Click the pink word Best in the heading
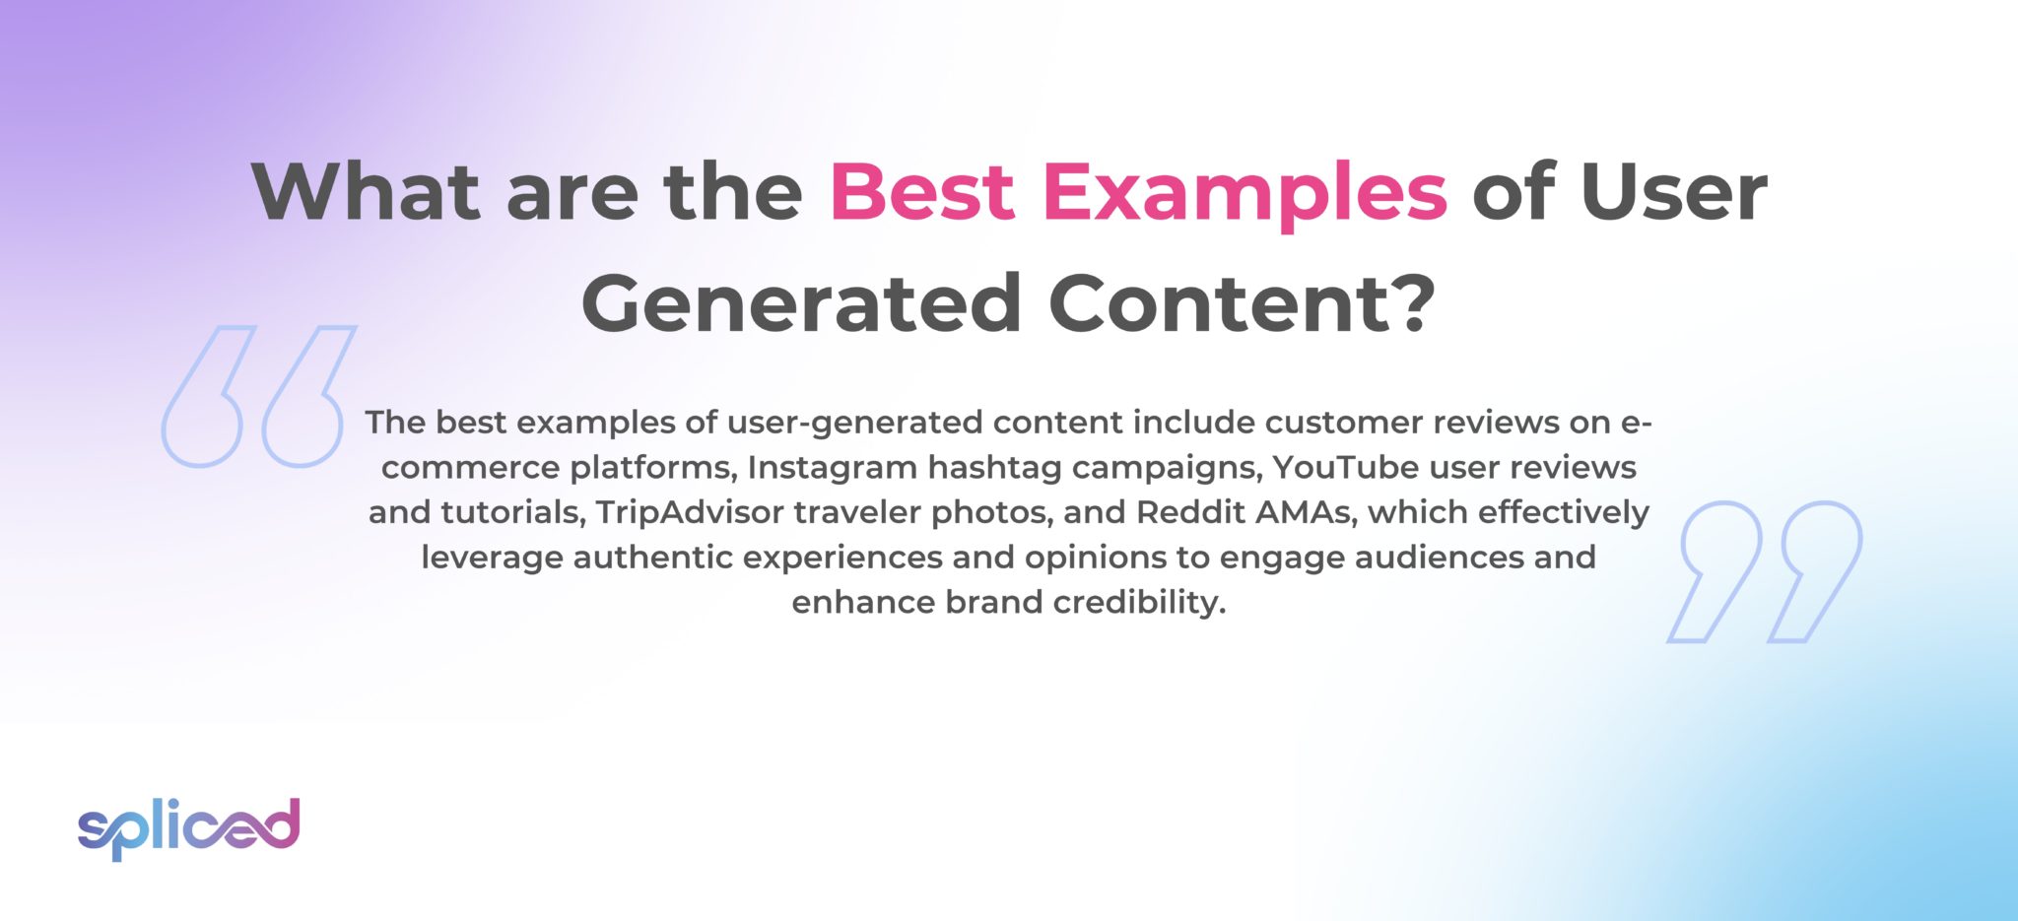pos(922,191)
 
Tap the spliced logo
pos(188,827)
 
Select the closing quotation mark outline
pos(1765,571)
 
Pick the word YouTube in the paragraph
pos(1345,467)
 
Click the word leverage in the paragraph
pos(492,558)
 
